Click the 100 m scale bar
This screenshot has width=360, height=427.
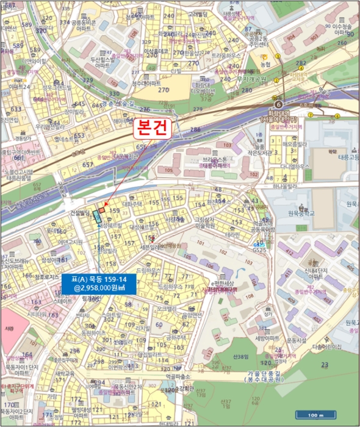pos(314,415)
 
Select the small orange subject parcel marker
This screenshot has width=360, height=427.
pos(102,210)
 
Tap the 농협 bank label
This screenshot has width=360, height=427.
pos(265,64)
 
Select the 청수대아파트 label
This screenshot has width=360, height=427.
pos(145,84)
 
